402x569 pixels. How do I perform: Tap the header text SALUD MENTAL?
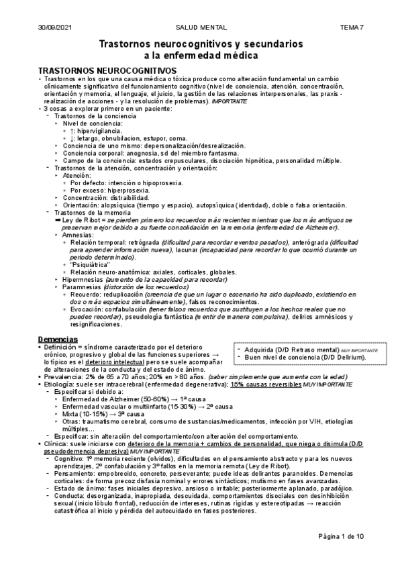[201, 28]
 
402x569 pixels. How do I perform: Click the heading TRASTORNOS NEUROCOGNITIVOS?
[107, 70]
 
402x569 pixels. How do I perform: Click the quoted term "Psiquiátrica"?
[93, 264]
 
